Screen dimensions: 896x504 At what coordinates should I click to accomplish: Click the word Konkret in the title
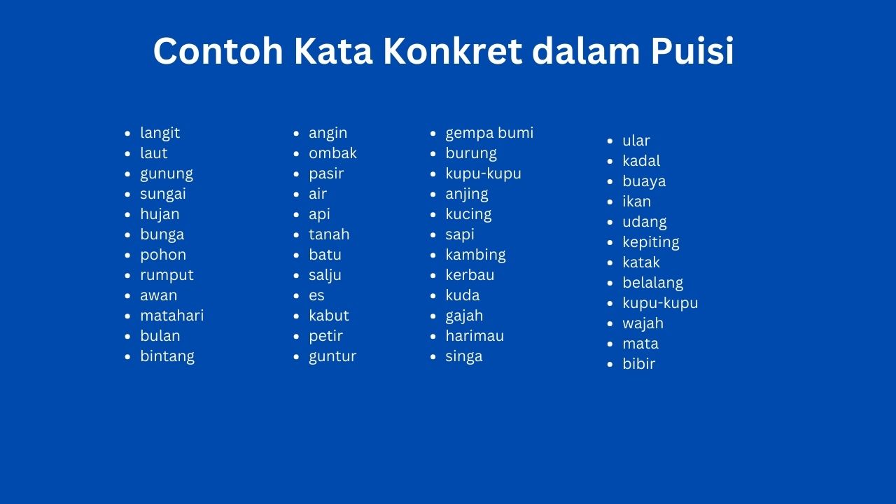pyautogui.click(x=453, y=51)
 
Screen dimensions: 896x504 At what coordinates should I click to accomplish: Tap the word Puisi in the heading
pyautogui.click(x=692, y=51)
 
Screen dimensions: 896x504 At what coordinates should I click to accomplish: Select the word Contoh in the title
pyautogui.click(x=218, y=51)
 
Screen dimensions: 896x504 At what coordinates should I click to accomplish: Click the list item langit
pyautogui.click(x=160, y=133)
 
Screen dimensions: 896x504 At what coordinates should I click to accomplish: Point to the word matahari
pyautogui.click(x=172, y=315)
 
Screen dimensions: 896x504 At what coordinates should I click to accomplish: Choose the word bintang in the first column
pyautogui.click(x=167, y=356)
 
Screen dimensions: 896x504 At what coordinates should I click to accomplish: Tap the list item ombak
pyautogui.click(x=332, y=153)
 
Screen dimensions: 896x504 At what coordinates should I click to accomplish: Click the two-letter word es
pyautogui.click(x=316, y=295)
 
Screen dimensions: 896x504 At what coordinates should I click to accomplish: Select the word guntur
pyautogui.click(x=332, y=356)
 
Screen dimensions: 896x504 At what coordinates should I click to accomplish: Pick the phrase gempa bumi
pyautogui.click(x=489, y=133)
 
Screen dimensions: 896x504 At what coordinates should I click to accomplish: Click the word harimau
pyautogui.click(x=475, y=335)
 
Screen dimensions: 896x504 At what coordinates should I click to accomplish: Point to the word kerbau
pyautogui.click(x=470, y=275)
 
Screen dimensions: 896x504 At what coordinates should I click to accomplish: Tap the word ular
pyautogui.click(x=636, y=141)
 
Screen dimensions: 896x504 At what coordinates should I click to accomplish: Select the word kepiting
pyautogui.click(x=651, y=242)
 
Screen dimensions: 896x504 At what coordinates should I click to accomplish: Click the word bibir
pyautogui.click(x=639, y=363)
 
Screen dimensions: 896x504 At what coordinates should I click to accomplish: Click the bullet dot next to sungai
pyautogui.click(x=127, y=195)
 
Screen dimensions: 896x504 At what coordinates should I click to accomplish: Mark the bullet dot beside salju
pyautogui.click(x=296, y=276)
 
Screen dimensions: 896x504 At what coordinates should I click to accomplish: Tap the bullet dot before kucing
pyautogui.click(x=433, y=215)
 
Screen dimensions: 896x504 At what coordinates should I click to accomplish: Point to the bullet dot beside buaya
pyautogui.click(x=610, y=181)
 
